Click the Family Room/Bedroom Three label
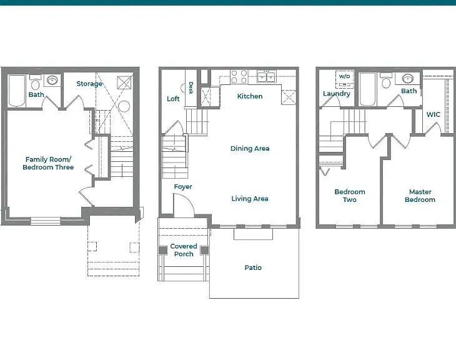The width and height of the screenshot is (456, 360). coord(48,163)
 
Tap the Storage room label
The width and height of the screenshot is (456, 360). coord(89,84)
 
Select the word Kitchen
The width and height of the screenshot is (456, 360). coord(250,96)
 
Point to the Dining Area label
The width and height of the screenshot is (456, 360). coord(250,148)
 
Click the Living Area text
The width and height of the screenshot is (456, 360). coord(250,199)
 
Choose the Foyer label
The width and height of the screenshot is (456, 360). coord(183,186)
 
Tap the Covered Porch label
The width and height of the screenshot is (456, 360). coord(184,250)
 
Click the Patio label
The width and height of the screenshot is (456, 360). coord(253,267)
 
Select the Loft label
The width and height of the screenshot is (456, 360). coord(173,99)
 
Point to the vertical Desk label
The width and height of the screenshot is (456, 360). coord(191,88)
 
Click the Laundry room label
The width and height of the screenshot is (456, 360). coord(337,94)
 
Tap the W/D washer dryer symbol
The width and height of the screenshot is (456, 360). coord(345,79)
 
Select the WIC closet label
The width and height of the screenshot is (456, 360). coord(434,114)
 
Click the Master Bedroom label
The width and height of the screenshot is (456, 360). coord(420,196)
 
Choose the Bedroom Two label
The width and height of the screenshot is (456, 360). coord(350,196)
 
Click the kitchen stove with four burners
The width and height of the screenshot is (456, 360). coord(239,76)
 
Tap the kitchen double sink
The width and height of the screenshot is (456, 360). coord(266,76)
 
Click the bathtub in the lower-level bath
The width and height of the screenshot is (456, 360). coord(17,91)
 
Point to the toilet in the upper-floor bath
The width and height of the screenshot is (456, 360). coord(385,81)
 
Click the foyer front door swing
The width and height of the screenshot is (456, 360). coord(184,205)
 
